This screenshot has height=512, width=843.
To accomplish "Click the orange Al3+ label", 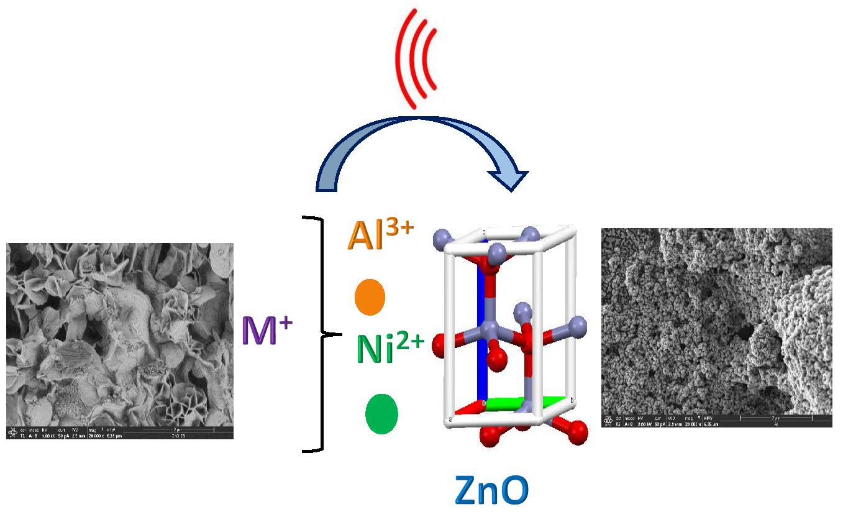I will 380,235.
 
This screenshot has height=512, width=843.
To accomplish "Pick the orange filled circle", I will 370,298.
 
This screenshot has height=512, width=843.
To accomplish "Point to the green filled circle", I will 381,414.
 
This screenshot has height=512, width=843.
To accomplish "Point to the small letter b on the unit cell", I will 572,400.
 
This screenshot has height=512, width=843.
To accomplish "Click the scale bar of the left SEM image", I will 180,429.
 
